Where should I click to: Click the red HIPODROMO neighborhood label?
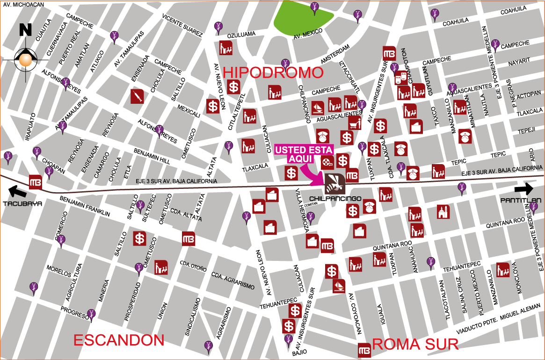[273, 72]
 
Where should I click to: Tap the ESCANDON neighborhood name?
[119, 340]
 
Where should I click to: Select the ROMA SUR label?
[415, 345]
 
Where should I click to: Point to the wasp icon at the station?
[334, 183]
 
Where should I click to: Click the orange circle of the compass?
[26, 60]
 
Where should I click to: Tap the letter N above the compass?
[25, 30]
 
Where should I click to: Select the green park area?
[302, 19]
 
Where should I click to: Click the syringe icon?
[138, 96]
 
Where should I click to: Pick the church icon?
[443, 212]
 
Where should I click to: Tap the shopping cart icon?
[355, 123]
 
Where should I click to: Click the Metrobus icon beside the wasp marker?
[352, 175]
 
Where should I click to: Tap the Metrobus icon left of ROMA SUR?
[364, 350]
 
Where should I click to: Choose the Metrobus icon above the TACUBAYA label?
[36, 182]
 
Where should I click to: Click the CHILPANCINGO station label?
[335, 199]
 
